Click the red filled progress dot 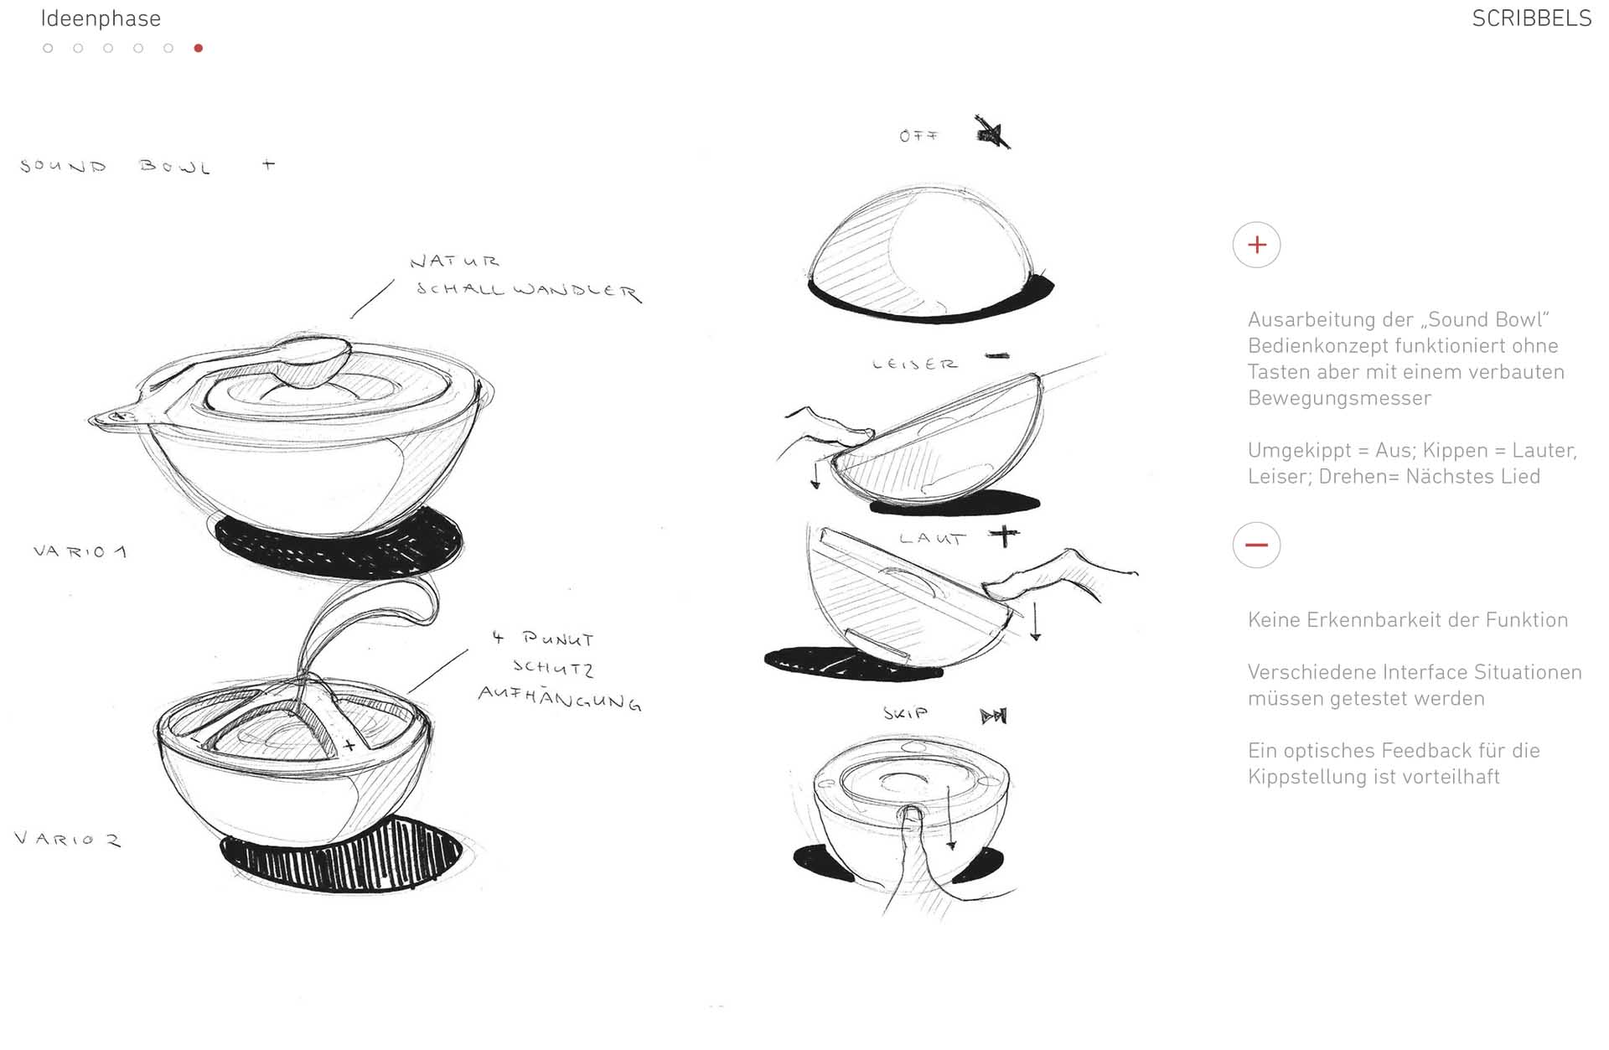click(x=199, y=48)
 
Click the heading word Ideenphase click(x=101, y=18)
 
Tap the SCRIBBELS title click(x=1531, y=18)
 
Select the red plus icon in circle click(x=1256, y=245)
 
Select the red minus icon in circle click(x=1256, y=545)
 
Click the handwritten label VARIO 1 click(x=80, y=551)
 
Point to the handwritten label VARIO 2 click(x=67, y=838)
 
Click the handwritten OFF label click(x=918, y=136)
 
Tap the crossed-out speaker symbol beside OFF click(x=993, y=132)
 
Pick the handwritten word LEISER click(x=914, y=364)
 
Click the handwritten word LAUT click(x=933, y=538)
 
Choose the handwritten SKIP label click(x=906, y=713)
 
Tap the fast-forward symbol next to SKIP click(x=994, y=716)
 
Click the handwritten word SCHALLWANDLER click(x=529, y=291)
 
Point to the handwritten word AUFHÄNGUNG click(x=560, y=698)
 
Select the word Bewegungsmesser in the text click(x=1339, y=398)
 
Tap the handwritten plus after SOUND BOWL click(x=268, y=164)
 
